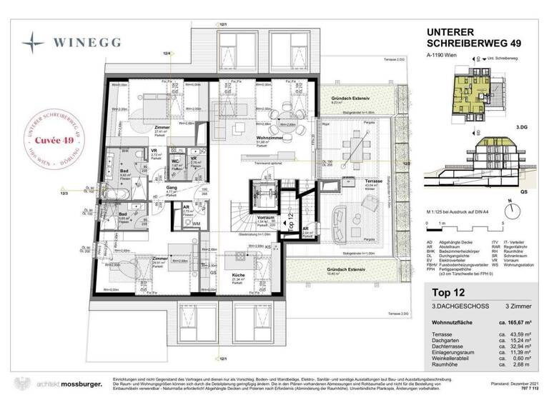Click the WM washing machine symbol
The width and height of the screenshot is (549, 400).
(196, 224)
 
